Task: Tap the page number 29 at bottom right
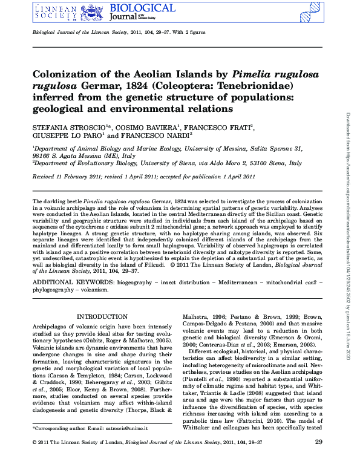319,460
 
